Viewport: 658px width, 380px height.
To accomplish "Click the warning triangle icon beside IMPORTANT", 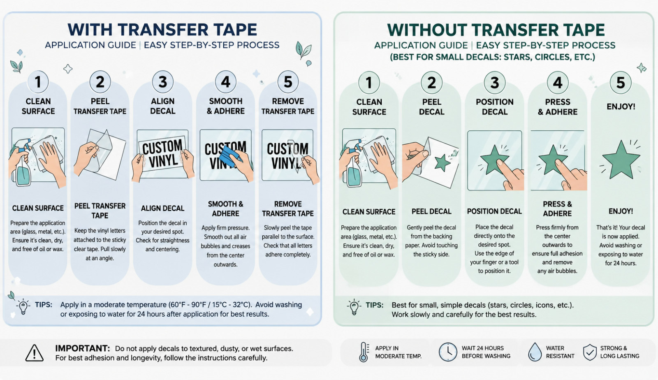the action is tap(35, 353).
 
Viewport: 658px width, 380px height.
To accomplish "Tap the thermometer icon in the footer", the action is tap(364, 352).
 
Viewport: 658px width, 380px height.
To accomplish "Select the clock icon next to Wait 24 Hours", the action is tap(448, 352).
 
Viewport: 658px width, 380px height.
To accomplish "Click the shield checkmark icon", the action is tap(590, 352).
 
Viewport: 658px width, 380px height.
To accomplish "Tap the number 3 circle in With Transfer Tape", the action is tap(163, 82).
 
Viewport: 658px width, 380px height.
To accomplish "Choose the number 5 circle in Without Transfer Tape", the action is tap(621, 83).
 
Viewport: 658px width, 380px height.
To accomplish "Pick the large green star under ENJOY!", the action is tap(621, 160).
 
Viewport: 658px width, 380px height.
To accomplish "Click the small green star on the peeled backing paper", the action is tap(443, 163).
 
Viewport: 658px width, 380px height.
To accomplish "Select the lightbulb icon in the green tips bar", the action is tap(354, 307).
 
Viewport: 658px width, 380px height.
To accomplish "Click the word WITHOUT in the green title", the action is tap(428, 30).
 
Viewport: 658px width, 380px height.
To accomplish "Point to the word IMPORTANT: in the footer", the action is tap(83, 348).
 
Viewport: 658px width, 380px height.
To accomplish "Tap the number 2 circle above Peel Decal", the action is tap(431, 83).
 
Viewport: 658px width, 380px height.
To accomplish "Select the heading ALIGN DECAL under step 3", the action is tap(162, 208).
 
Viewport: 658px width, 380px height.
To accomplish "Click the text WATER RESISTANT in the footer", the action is tap(560, 352).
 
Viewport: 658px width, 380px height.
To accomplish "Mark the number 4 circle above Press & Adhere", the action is tap(558, 83).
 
